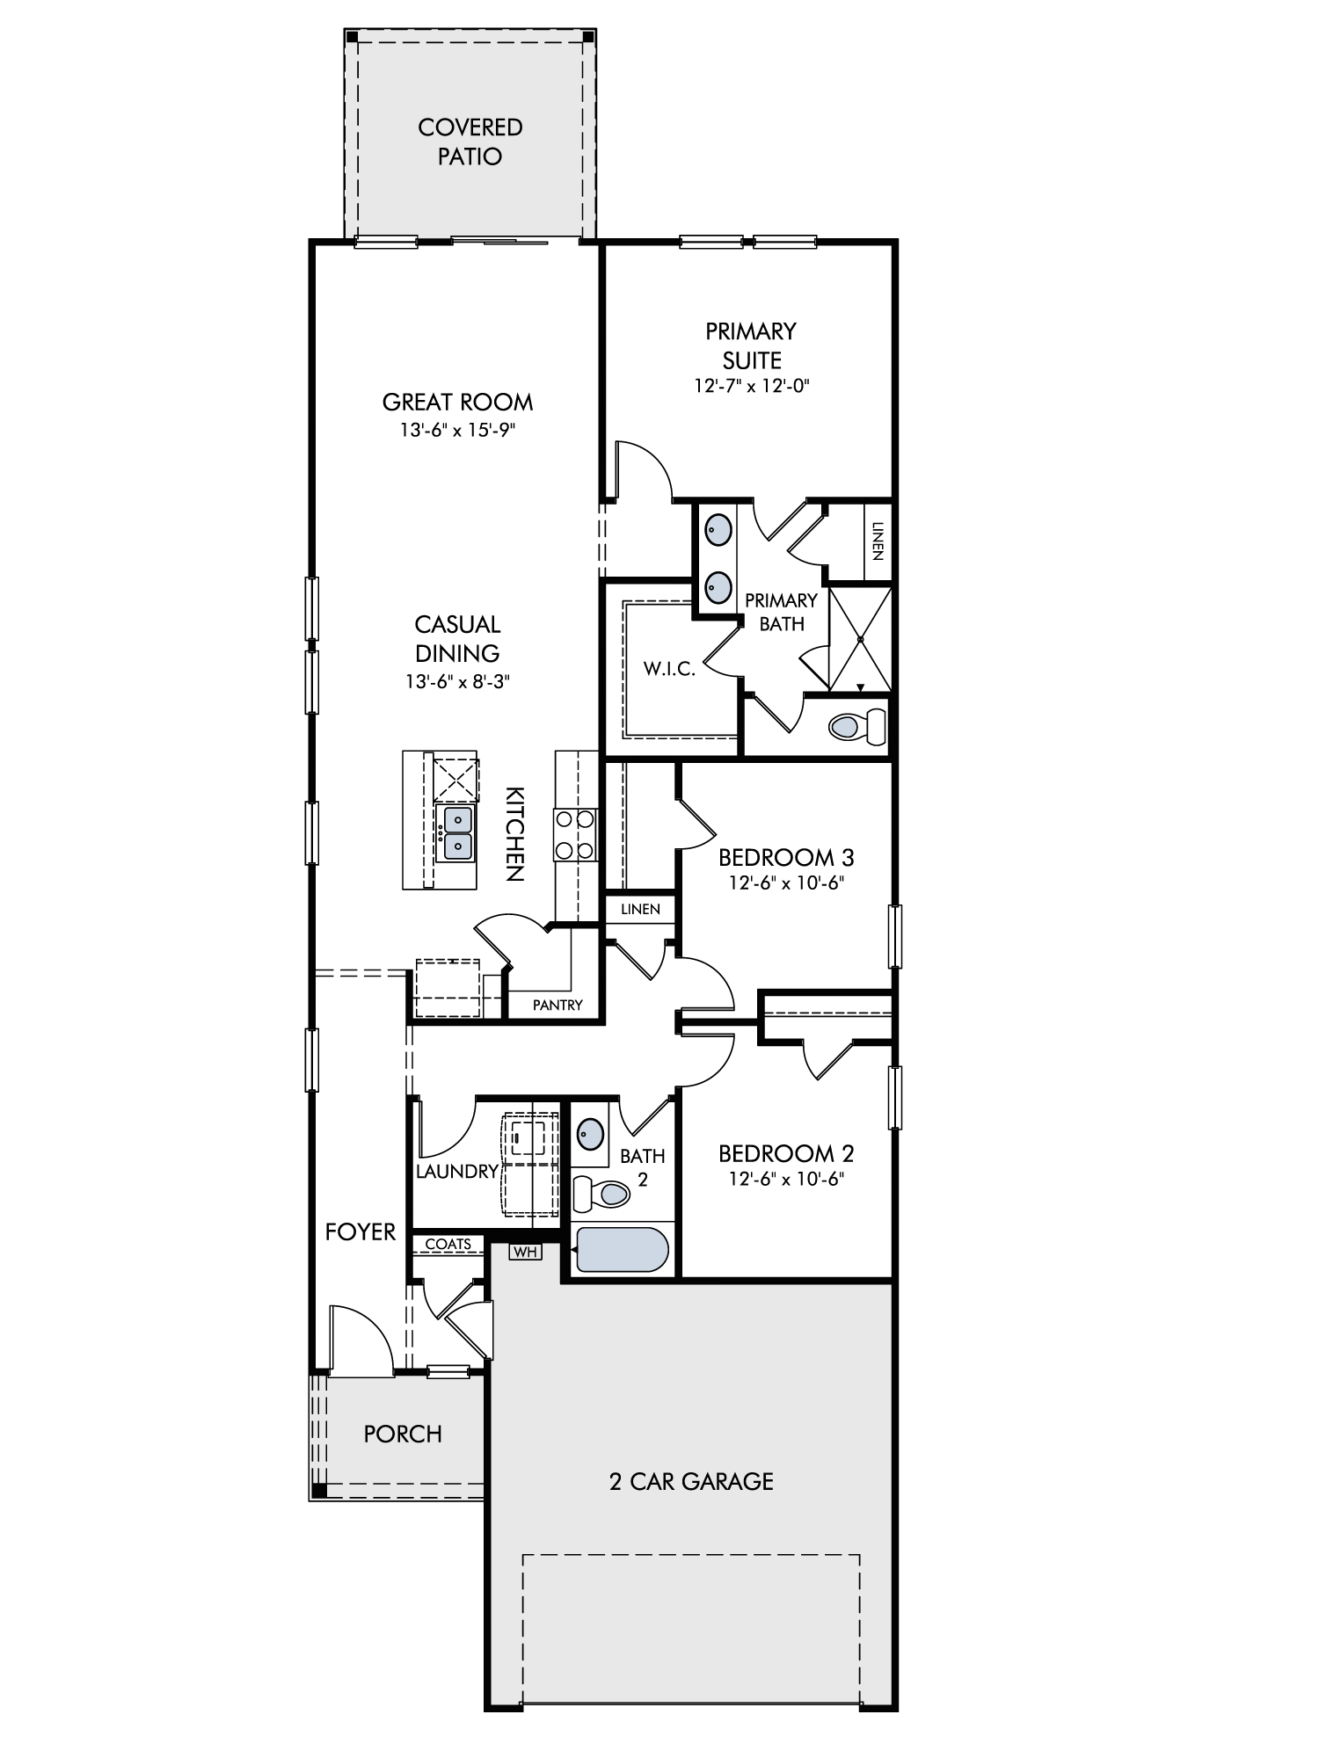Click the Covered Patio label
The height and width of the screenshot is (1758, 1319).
tap(470, 142)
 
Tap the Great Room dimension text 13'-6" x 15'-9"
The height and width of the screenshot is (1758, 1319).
tap(457, 431)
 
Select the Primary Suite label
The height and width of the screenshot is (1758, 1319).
tap(751, 345)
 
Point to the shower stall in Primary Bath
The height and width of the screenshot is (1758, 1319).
tap(860, 638)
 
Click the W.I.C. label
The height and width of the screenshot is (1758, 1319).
tap(669, 669)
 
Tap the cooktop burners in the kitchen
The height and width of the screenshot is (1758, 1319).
tap(575, 835)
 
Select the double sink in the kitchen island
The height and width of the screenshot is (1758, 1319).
tap(457, 833)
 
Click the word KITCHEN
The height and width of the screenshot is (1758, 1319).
tap(514, 833)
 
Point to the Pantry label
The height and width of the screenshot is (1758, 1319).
tap(557, 1005)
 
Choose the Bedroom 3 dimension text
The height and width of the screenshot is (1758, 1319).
tap(786, 883)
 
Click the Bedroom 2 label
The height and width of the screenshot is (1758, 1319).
tap(786, 1153)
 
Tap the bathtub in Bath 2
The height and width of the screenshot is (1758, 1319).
tap(622, 1249)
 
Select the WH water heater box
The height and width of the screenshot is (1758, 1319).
tap(525, 1251)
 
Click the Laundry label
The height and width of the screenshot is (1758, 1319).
tap(457, 1172)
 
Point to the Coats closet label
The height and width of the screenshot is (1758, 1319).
tap(448, 1244)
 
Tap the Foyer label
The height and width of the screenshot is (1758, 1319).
tap(361, 1232)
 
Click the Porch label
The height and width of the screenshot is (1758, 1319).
tap(403, 1434)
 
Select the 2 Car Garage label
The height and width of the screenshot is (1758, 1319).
tap(691, 1481)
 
